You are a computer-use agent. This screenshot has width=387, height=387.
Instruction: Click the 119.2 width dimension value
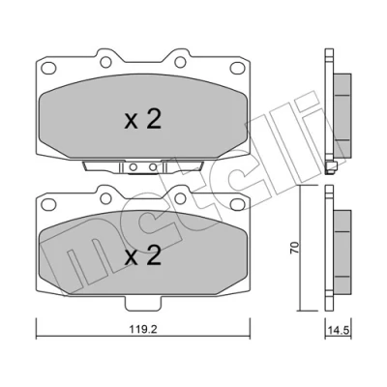(x=143, y=330)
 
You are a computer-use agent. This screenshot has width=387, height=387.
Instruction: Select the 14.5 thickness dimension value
(x=338, y=330)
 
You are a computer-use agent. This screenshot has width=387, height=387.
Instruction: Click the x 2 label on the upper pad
(x=143, y=120)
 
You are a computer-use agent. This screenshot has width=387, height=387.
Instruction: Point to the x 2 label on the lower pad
(x=143, y=256)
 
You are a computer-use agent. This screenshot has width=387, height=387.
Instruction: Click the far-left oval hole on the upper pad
(x=49, y=68)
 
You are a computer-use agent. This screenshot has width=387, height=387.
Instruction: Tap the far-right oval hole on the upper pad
(x=237, y=68)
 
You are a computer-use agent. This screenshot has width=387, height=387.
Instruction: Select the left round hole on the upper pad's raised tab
(x=105, y=62)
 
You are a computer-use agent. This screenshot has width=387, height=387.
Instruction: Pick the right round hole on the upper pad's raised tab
(x=180, y=62)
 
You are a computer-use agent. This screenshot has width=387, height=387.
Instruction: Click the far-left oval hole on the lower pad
(x=49, y=204)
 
